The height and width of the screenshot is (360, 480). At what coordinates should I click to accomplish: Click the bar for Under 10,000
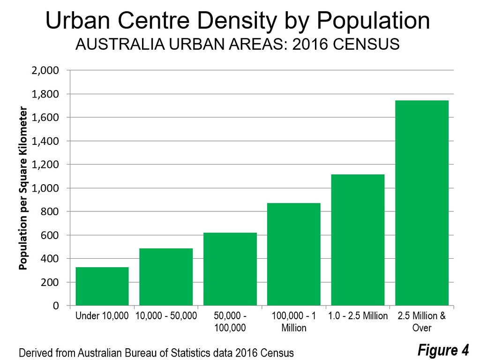tap(102, 286)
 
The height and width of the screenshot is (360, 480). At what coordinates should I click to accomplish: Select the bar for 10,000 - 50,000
tap(166, 277)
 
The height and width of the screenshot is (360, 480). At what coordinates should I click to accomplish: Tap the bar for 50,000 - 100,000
tap(230, 269)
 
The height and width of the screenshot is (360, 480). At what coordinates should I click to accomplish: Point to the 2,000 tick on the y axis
tap(45, 71)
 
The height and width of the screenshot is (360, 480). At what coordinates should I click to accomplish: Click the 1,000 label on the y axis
tap(45, 188)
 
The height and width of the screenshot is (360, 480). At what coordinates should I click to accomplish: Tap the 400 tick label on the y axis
tap(49, 259)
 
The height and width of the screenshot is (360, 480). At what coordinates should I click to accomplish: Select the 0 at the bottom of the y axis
tap(55, 306)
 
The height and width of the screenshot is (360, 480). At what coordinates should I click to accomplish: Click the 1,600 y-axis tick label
tap(45, 118)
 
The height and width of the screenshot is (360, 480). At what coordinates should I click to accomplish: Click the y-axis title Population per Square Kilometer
tap(23, 188)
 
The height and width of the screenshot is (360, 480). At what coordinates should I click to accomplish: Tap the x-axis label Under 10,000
tap(102, 316)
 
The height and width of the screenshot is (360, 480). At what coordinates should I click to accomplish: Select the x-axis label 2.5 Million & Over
tap(421, 322)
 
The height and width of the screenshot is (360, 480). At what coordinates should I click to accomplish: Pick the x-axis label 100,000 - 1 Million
tap(293, 322)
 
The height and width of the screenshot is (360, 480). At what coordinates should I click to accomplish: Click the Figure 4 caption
tap(443, 350)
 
